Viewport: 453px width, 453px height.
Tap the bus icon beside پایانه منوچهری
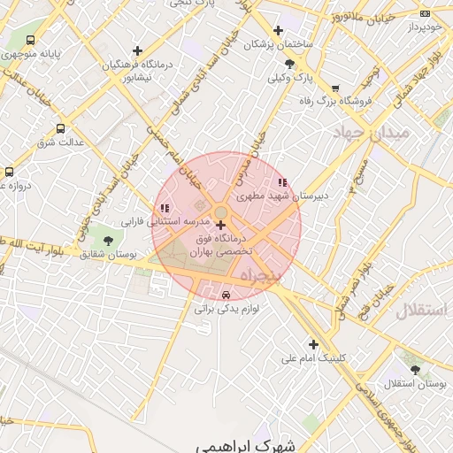point(31,41)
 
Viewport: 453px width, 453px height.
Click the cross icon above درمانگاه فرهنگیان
point(136,51)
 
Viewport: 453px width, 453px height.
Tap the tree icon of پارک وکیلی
point(290,64)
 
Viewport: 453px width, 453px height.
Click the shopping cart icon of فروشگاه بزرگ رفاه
point(335,88)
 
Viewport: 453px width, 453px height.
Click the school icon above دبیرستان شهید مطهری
point(282,182)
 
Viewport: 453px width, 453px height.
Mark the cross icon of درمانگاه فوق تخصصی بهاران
point(220,225)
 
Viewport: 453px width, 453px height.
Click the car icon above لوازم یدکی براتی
point(226,295)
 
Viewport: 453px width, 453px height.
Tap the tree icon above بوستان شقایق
point(108,240)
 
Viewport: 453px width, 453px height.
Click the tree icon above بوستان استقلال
point(415,369)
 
